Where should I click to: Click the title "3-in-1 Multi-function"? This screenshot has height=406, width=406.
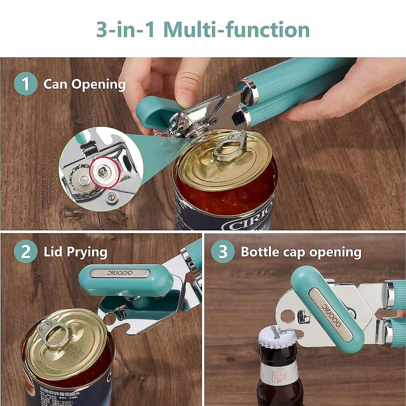[x=203, y=29]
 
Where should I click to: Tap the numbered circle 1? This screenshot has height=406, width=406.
[x=25, y=84]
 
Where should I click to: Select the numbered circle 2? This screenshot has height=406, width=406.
[x=25, y=252]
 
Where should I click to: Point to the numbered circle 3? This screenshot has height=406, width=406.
[x=223, y=252]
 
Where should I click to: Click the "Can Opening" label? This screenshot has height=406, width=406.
[x=84, y=84]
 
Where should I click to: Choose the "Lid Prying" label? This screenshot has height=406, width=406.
[x=75, y=252]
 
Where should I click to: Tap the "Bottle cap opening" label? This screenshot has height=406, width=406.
[x=301, y=252]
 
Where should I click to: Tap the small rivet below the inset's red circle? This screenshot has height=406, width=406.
[x=110, y=197]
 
